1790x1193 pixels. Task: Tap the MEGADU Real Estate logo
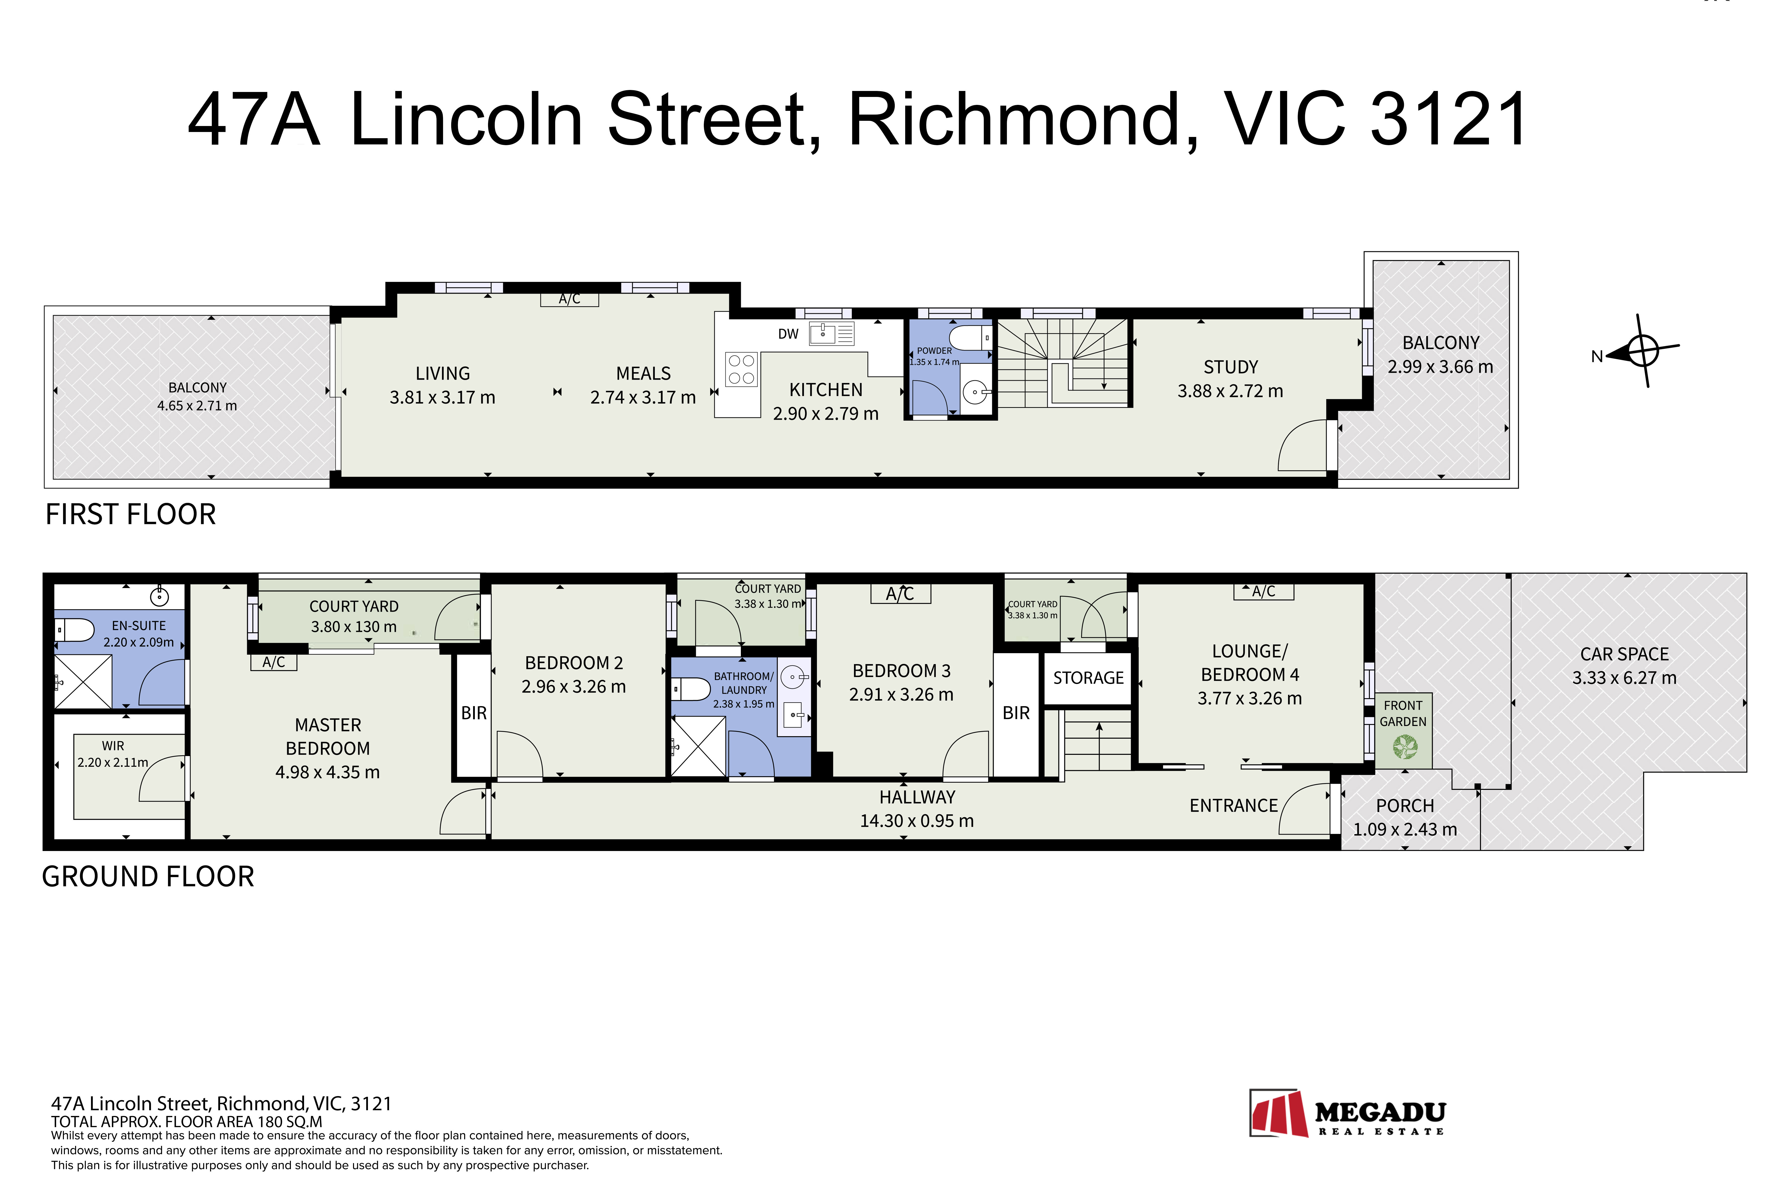1347,1113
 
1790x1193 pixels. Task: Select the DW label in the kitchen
788,334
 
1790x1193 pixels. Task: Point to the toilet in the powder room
970,338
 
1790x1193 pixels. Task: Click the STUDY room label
1231,367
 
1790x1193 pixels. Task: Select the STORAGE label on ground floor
1088,678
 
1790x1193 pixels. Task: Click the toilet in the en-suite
74,630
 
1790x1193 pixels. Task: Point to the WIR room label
113,746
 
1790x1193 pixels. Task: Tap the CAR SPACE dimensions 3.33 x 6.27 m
1625,678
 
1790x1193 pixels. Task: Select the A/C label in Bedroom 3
900,594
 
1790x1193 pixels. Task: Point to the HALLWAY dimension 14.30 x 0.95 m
917,821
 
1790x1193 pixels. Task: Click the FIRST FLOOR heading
131,514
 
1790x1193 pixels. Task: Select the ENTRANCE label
1234,806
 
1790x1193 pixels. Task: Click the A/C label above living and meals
569,299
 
